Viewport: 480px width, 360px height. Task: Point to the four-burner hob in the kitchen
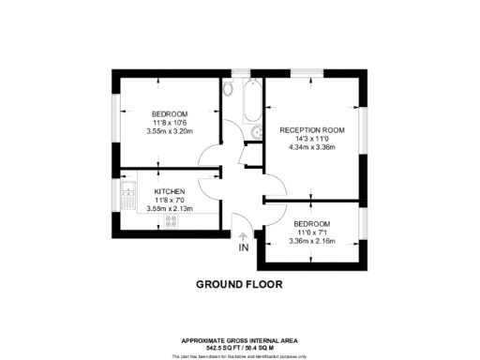click(172, 221)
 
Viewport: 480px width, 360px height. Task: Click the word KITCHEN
click(171, 189)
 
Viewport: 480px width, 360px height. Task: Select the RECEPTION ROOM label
click(312, 129)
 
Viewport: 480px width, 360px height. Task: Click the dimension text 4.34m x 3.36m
click(312, 147)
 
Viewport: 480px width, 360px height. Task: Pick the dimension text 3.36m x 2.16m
click(311, 241)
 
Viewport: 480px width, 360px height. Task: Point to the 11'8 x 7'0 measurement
click(171, 199)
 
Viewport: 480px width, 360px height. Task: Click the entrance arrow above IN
click(243, 237)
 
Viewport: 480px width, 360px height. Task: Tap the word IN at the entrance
click(243, 248)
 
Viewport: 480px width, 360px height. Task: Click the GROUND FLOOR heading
click(239, 283)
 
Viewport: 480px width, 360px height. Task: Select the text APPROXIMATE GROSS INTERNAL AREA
click(239, 339)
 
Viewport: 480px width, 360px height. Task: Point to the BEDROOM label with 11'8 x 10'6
click(170, 112)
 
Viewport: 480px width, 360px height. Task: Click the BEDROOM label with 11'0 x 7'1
click(311, 224)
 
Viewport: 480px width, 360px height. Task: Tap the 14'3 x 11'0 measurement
click(312, 139)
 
